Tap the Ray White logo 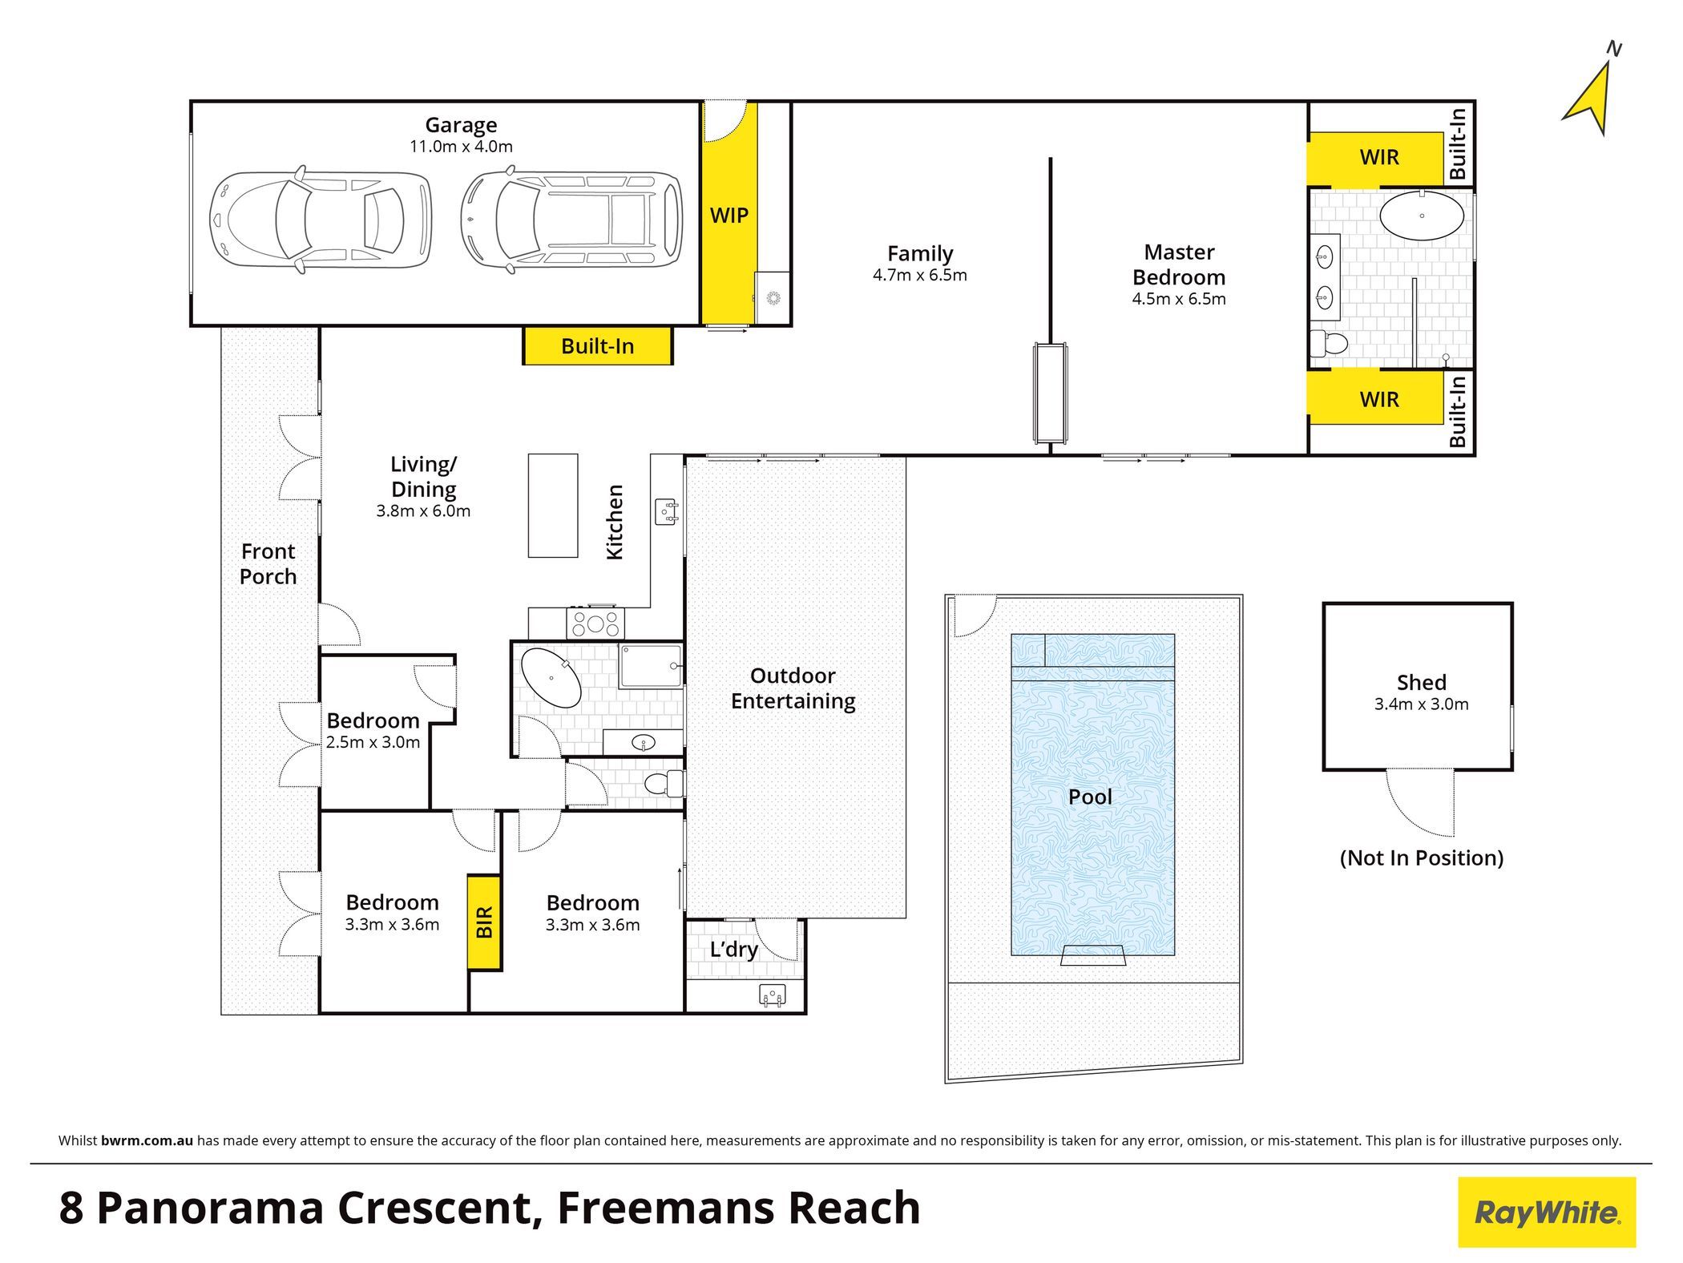tap(1547, 1212)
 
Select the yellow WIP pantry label tap(728, 215)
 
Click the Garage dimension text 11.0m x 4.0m tap(461, 147)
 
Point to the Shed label tap(1421, 682)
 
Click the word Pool tap(1090, 797)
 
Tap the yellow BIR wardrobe tap(484, 922)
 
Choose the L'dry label tap(733, 950)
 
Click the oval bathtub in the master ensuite tap(1421, 216)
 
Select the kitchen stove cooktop tap(595, 623)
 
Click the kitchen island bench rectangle tap(553, 505)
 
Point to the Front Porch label tap(268, 563)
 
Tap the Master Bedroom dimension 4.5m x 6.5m tap(1178, 299)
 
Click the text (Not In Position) tap(1421, 857)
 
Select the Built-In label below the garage tap(597, 346)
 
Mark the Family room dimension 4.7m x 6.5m tap(919, 276)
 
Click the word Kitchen tap(614, 522)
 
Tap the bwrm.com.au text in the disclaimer tap(147, 1140)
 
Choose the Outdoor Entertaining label tap(793, 688)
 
